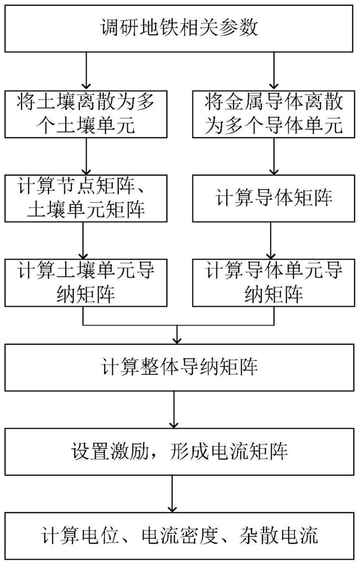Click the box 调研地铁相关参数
[x=179, y=28]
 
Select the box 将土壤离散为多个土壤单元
[x=86, y=114]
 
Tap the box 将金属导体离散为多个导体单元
[x=273, y=114]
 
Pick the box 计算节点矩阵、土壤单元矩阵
[x=86, y=198]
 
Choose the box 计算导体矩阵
[x=273, y=198]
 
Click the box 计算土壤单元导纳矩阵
[x=86, y=283]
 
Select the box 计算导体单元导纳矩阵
[x=273, y=283]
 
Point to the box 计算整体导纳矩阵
[x=179, y=367]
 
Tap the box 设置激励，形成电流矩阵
[x=179, y=451]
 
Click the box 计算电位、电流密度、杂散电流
[x=179, y=536]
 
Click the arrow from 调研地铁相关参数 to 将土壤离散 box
[x=86, y=71]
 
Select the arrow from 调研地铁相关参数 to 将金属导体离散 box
[x=274, y=71]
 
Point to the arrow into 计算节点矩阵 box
[x=86, y=156]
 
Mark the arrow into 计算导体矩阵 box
[x=274, y=156]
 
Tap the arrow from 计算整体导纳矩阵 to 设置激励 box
[x=174, y=409]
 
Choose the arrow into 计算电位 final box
[x=173, y=494]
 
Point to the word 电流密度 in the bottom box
[x=180, y=536]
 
